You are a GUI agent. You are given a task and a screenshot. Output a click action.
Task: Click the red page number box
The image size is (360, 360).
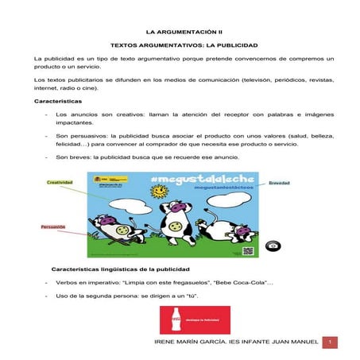click(333, 342)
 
